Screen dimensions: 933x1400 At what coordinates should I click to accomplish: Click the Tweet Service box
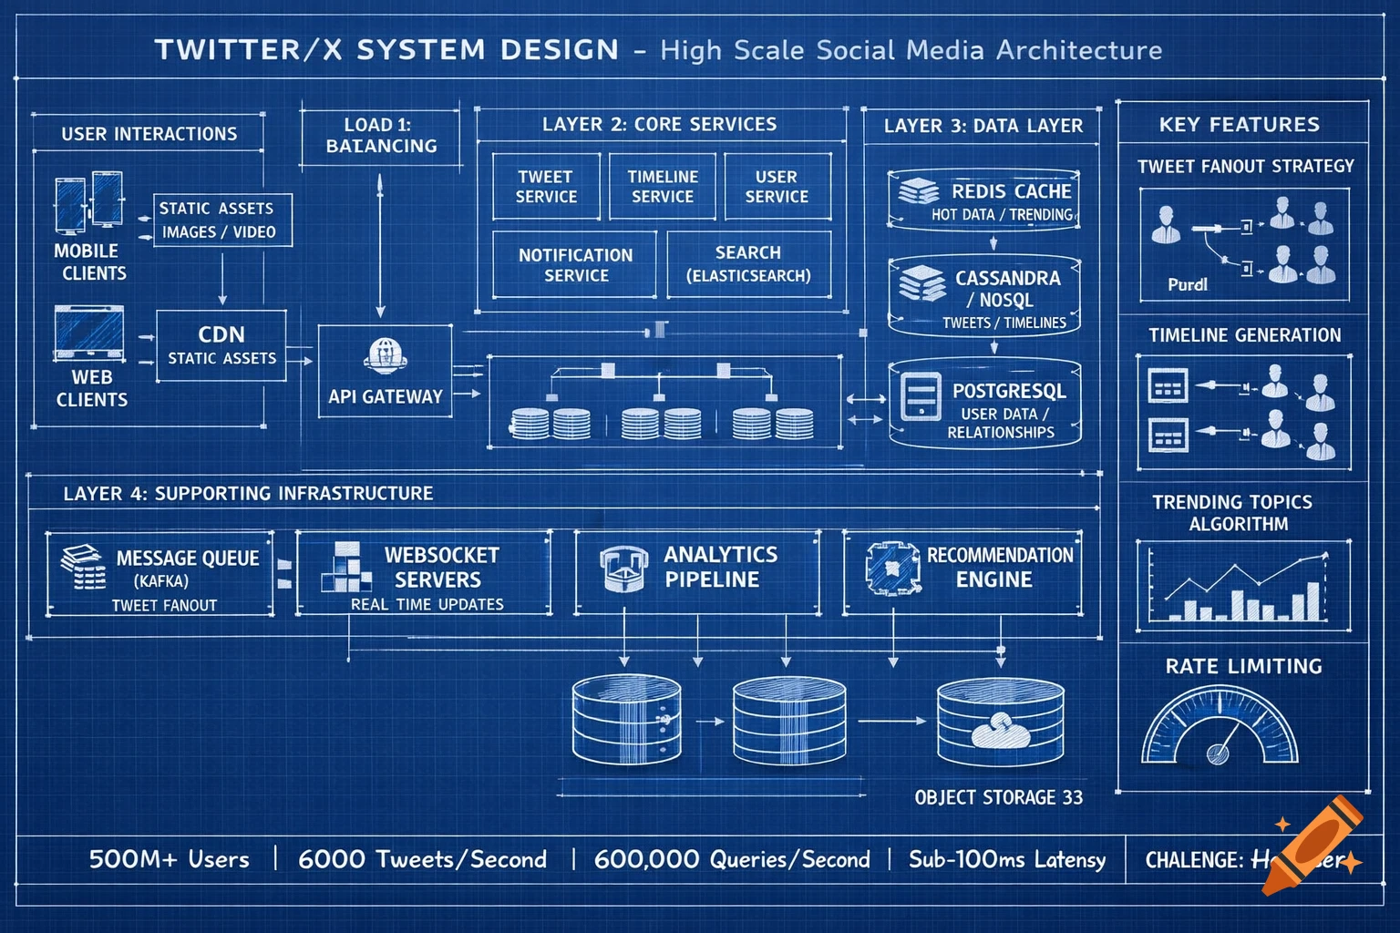(x=546, y=187)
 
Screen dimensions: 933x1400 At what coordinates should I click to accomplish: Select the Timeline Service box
(x=663, y=187)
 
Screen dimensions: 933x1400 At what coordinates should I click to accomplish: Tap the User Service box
(x=777, y=187)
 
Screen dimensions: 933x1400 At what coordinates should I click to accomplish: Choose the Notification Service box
(x=575, y=265)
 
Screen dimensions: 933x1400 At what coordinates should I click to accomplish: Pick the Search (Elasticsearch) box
(x=748, y=264)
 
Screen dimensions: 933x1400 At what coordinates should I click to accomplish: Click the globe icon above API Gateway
(x=385, y=355)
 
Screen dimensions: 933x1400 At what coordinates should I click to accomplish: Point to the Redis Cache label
(x=1011, y=191)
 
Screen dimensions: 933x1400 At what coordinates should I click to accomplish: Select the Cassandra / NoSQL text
(x=1006, y=289)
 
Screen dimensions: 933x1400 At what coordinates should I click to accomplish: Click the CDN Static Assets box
(x=221, y=345)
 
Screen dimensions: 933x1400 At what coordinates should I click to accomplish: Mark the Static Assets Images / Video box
(x=221, y=220)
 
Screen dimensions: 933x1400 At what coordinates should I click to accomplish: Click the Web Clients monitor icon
(x=89, y=333)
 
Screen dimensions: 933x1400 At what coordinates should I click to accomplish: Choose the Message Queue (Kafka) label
(x=187, y=559)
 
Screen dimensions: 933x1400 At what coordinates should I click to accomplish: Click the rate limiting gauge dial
(x=1220, y=729)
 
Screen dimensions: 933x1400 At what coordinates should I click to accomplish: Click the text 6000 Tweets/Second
(x=422, y=859)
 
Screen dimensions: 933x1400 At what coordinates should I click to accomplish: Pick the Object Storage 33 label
(x=999, y=798)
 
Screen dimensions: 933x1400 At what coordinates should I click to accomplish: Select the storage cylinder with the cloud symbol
(x=1000, y=722)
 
